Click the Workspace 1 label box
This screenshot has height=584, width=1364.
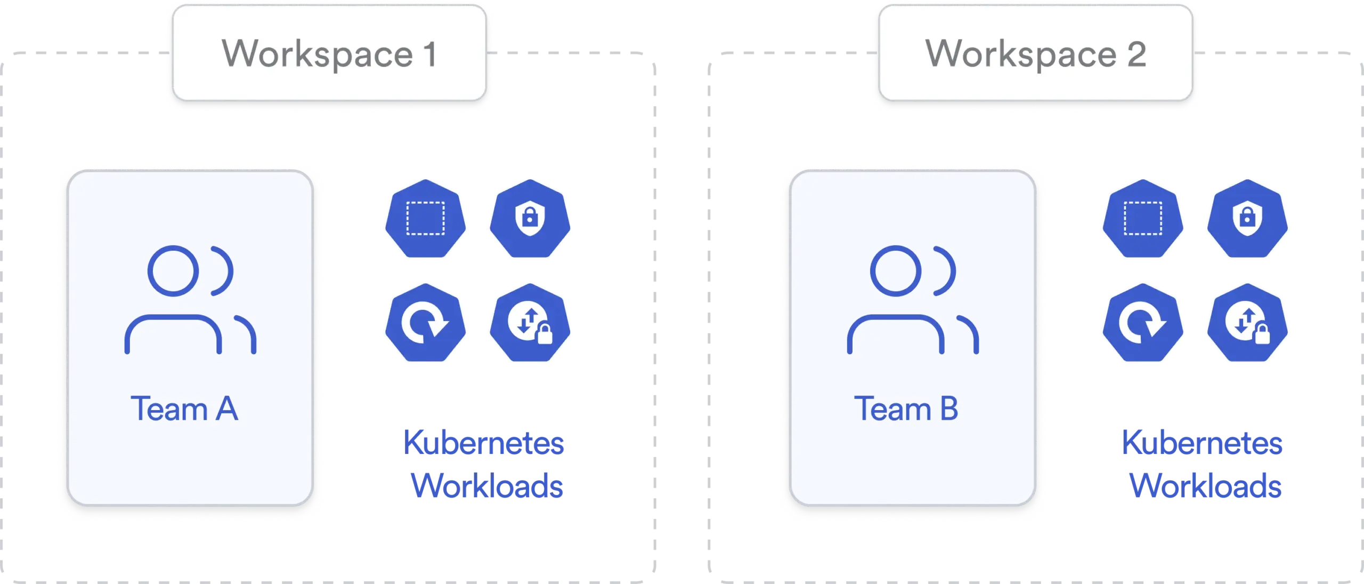click(x=329, y=53)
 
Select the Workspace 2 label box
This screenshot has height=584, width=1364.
click(x=1035, y=53)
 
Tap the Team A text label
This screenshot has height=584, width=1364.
click(x=184, y=409)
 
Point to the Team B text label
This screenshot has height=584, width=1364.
click(x=906, y=409)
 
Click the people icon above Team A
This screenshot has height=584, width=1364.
click(x=190, y=299)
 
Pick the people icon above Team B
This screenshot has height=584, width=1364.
click(x=913, y=299)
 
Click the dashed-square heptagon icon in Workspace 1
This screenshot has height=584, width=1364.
click(x=425, y=218)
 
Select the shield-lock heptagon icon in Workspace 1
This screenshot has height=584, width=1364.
click(x=530, y=218)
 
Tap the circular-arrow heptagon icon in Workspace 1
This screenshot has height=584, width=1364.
click(x=425, y=322)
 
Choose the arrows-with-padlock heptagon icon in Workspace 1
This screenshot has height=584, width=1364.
click(x=530, y=322)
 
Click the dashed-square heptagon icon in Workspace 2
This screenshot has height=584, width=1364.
click(x=1142, y=218)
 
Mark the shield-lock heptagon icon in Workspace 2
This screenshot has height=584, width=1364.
click(x=1246, y=218)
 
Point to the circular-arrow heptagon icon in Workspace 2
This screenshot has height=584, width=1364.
click(x=1142, y=322)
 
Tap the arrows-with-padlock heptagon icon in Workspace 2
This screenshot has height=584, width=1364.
click(x=1246, y=322)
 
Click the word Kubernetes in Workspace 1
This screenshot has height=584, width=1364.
click(x=484, y=443)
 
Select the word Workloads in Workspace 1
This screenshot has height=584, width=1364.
click(x=488, y=485)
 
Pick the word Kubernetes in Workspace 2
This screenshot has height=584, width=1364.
click(x=1201, y=443)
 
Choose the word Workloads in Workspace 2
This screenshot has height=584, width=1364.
click(x=1205, y=485)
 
